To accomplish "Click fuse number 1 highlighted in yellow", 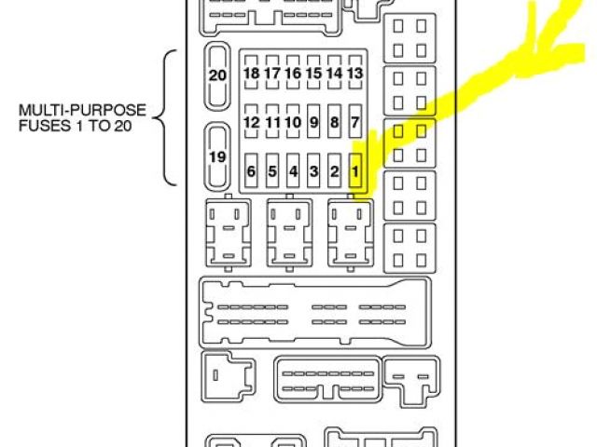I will pyautogui.click(x=354, y=170).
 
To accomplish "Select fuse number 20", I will pyautogui.click(x=217, y=75).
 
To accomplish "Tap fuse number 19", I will pyautogui.click(x=217, y=157).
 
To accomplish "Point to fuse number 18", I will pyautogui.click(x=251, y=74).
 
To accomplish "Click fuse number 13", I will pyautogui.click(x=354, y=74).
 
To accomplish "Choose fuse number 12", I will pyautogui.click(x=251, y=122).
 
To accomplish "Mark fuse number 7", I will pyautogui.click(x=354, y=122).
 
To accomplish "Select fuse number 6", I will pyautogui.click(x=251, y=170).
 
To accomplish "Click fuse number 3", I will pyautogui.click(x=313, y=170).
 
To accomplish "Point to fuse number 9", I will pyautogui.click(x=313, y=122).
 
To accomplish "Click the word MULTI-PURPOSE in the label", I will pyautogui.click(x=72, y=110).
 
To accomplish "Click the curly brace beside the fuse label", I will pyautogui.click(x=167, y=117).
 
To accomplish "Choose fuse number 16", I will pyautogui.click(x=293, y=74).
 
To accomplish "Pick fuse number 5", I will pyautogui.click(x=272, y=170).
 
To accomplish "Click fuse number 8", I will pyautogui.click(x=334, y=122).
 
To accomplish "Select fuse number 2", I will pyautogui.click(x=334, y=170).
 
